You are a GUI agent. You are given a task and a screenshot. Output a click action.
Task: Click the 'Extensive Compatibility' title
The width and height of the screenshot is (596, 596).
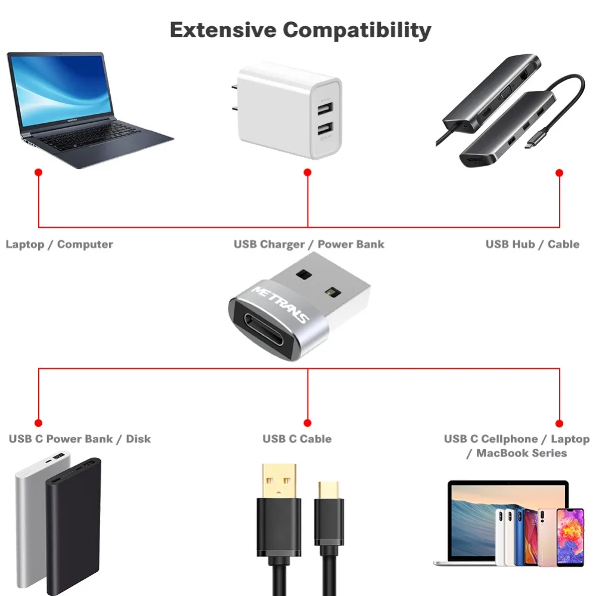tap(300, 29)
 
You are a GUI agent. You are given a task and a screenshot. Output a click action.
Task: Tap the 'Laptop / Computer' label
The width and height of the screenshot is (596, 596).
tap(59, 244)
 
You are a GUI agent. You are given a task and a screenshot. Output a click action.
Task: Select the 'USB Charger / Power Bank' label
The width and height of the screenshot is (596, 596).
tap(309, 244)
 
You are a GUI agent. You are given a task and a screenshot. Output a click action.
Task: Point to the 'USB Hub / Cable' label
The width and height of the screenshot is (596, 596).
tap(532, 244)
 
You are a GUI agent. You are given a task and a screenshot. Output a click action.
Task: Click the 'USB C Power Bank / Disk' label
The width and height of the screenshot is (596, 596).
tap(80, 439)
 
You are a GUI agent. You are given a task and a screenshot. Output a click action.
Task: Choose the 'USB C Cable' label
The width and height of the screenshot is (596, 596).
tap(297, 439)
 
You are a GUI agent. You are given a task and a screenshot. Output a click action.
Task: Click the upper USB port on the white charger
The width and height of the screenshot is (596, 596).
tap(325, 109)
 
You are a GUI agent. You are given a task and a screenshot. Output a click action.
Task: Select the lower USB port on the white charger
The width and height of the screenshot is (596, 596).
tap(325, 128)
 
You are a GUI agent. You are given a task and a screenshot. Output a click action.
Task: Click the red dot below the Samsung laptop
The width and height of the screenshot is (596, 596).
tap(39, 172)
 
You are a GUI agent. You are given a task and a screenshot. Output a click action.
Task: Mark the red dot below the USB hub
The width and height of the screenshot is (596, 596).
tap(559, 173)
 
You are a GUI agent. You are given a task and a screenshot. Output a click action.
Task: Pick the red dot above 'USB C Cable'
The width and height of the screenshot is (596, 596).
tap(308, 423)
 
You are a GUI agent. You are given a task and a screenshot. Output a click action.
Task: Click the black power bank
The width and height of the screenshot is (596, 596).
tap(74, 524)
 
